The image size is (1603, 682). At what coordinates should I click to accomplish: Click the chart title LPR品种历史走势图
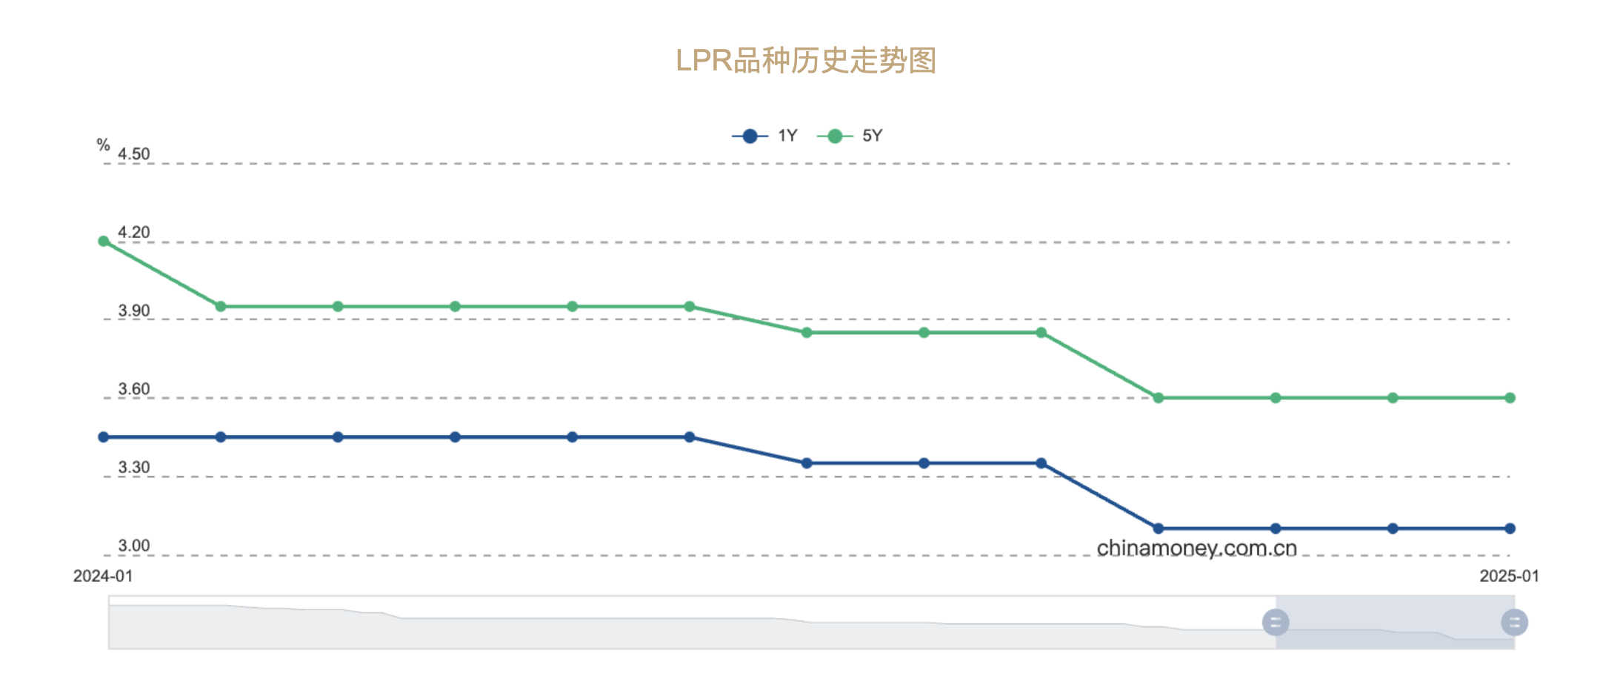click(806, 61)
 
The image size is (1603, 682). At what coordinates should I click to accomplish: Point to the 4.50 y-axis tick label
click(134, 154)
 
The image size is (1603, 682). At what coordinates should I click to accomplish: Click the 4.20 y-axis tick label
click(134, 233)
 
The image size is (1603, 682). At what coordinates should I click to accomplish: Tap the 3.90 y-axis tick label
click(134, 311)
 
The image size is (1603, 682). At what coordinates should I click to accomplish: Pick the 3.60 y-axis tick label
click(134, 389)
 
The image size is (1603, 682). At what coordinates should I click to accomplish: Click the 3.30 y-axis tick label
click(134, 468)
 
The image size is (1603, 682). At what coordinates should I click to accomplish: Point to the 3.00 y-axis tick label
click(134, 546)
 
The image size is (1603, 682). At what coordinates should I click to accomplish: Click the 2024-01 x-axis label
click(103, 576)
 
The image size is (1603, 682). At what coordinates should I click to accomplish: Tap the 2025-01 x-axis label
click(1509, 576)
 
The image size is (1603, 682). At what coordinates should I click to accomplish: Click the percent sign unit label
click(103, 145)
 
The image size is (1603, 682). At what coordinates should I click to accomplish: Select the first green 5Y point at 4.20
click(104, 241)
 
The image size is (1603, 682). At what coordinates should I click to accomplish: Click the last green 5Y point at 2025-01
click(1510, 398)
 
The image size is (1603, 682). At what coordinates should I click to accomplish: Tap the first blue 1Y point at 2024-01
click(104, 437)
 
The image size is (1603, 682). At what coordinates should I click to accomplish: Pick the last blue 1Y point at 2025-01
click(1510, 529)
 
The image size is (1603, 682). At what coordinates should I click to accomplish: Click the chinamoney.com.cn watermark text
click(1196, 549)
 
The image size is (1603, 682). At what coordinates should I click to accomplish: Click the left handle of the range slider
click(1276, 623)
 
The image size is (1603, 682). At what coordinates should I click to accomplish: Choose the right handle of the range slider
click(1514, 623)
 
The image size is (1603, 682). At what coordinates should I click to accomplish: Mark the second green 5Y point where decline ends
click(221, 306)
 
